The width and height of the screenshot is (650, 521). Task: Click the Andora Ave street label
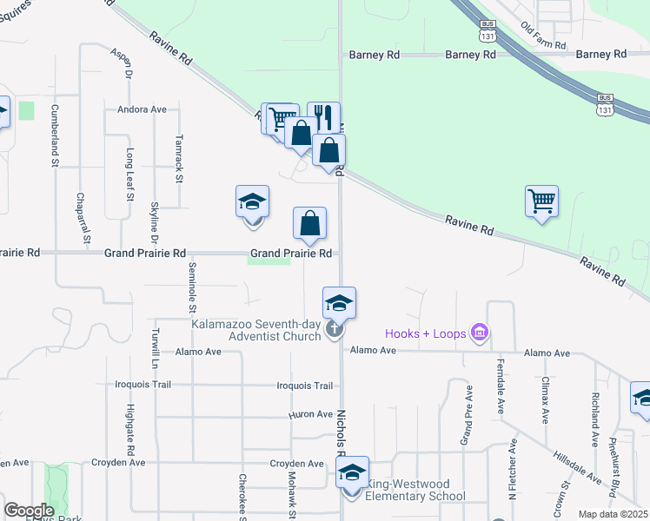pyautogui.click(x=147, y=109)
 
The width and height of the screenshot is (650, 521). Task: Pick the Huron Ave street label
pyautogui.click(x=311, y=415)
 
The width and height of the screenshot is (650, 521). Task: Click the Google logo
pyautogui.click(x=29, y=511)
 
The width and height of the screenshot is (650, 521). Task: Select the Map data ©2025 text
pyautogui.click(x=612, y=514)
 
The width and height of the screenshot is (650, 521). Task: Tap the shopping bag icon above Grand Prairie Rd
pyautogui.click(x=309, y=225)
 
